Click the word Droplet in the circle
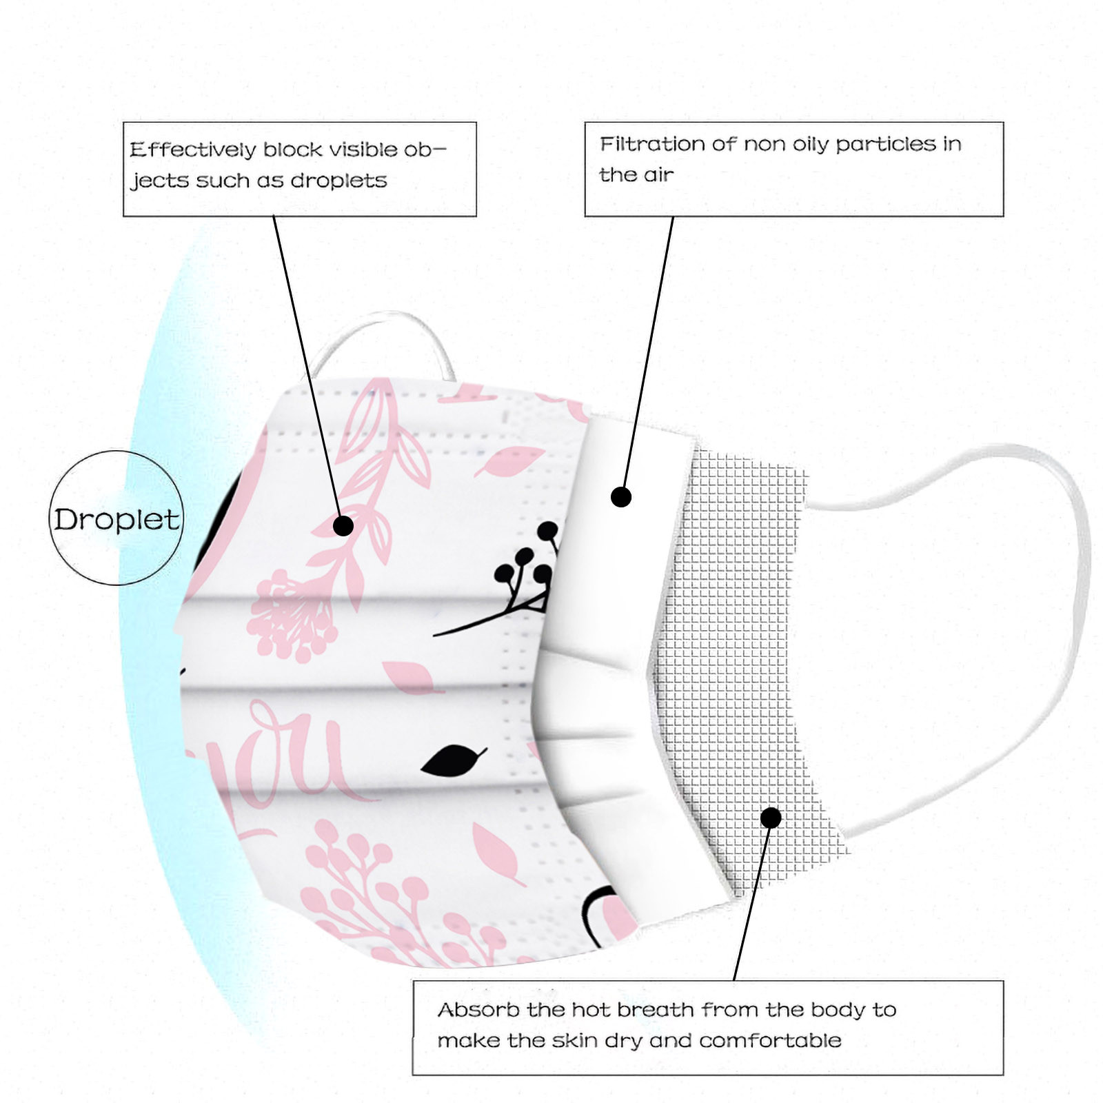(116, 520)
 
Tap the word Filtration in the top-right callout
(652, 144)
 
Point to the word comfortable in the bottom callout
(770, 1040)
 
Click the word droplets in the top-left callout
(338, 181)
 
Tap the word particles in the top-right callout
(885, 144)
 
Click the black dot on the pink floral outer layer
(343, 526)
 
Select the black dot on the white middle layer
(621, 496)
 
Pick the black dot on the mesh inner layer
(771, 818)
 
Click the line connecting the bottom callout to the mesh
(751, 903)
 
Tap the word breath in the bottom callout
(655, 1010)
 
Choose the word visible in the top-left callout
(363, 150)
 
